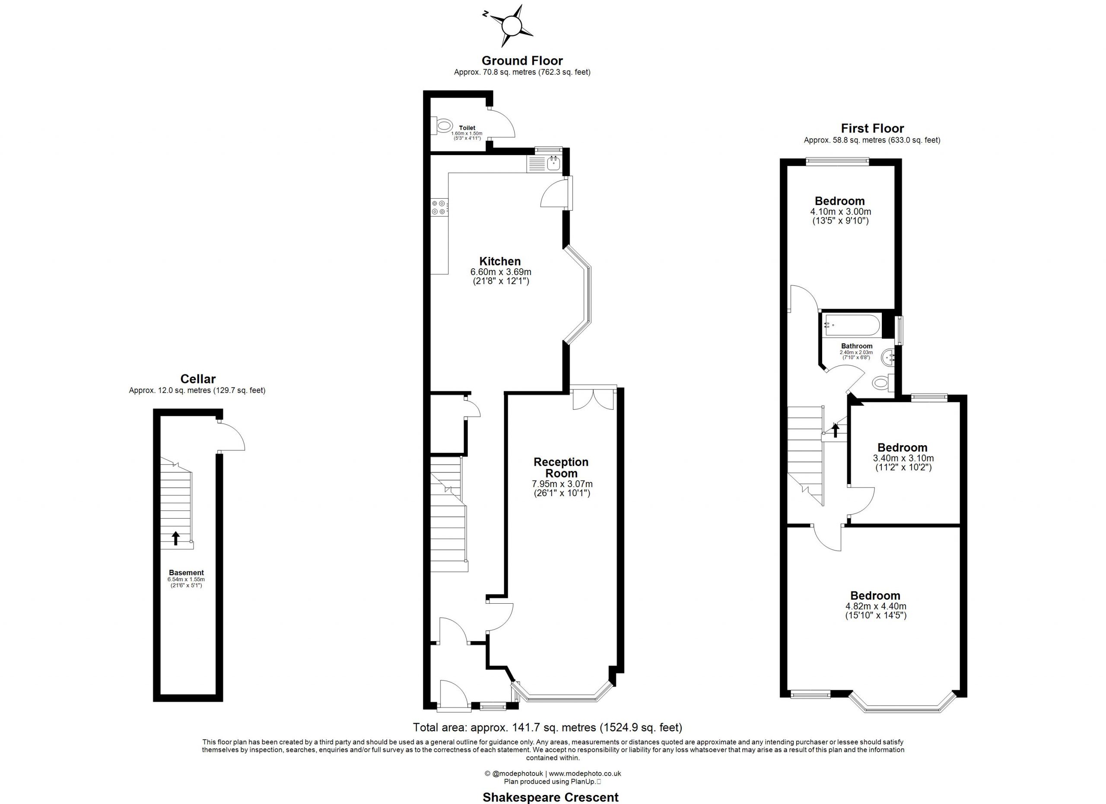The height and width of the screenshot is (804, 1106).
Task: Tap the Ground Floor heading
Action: point(522,61)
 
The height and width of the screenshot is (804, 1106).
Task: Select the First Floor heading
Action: point(872,129)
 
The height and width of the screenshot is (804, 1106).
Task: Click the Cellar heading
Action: point(198,379)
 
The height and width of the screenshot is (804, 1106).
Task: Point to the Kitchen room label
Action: point(500,261)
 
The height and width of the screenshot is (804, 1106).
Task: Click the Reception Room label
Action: point(561,467)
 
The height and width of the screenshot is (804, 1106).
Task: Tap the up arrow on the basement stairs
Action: point(176,538)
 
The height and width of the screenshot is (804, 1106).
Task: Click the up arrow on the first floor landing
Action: point(836,430)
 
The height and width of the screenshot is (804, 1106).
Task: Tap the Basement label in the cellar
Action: point(186,573)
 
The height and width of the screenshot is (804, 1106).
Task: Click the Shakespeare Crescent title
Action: point(550,797)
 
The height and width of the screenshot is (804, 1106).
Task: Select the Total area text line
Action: point(548,728)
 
